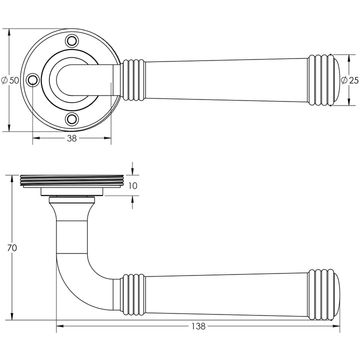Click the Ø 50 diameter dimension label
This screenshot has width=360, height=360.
10,80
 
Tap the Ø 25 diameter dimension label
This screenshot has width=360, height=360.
349,80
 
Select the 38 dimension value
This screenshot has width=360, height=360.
71,138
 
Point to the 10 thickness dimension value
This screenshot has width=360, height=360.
132,185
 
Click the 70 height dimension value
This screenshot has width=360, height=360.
12,248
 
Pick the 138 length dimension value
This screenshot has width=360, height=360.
198,326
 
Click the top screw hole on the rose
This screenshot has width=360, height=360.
72,41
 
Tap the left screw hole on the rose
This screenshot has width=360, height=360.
32,80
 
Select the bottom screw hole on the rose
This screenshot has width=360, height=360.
72,119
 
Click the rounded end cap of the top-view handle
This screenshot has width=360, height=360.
335,80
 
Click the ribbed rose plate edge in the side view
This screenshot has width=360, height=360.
72,180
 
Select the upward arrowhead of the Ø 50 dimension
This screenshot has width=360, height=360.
9,32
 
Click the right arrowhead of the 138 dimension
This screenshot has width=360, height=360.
336,326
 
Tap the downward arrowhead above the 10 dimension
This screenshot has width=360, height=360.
132,171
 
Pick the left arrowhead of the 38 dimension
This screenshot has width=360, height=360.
36,138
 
